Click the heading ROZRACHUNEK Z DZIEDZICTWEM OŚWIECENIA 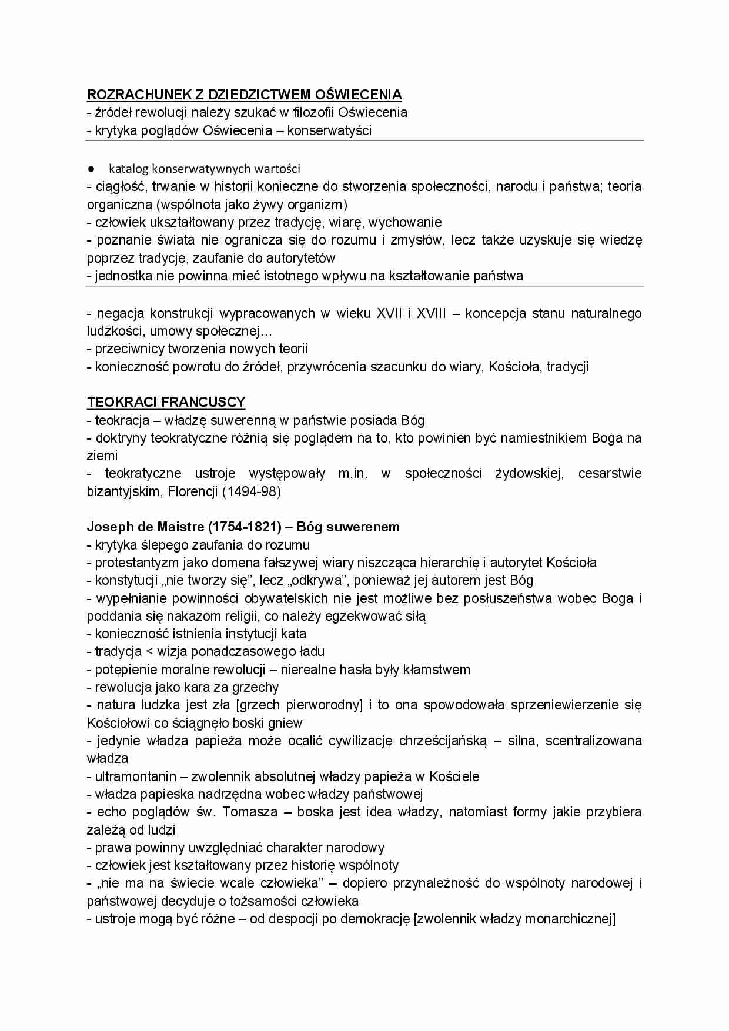point(245,95)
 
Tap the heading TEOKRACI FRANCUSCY point(166,402)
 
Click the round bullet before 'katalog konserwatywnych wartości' point(92,169)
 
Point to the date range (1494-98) point(251,491)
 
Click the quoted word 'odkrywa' point(316,580)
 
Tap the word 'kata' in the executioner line point(293,634)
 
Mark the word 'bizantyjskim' point(123,491)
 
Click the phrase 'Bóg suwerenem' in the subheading point(348,527)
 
